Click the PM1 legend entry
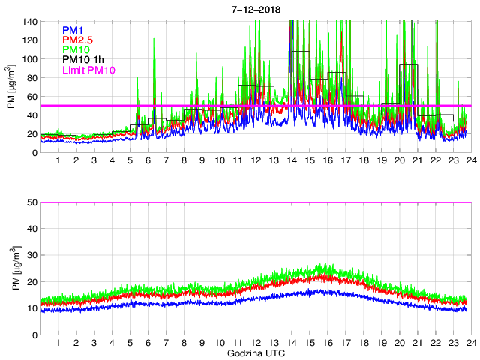(72, 29)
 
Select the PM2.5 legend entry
(77, 40)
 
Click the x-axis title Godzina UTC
(255, 352)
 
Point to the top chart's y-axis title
(11, 85)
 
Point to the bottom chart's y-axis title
(11, 268)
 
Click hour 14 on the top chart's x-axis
(291, 161)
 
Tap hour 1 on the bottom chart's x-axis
(58, 343)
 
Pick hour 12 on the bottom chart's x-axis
(255, 343)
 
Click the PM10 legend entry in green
(75, 50)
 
